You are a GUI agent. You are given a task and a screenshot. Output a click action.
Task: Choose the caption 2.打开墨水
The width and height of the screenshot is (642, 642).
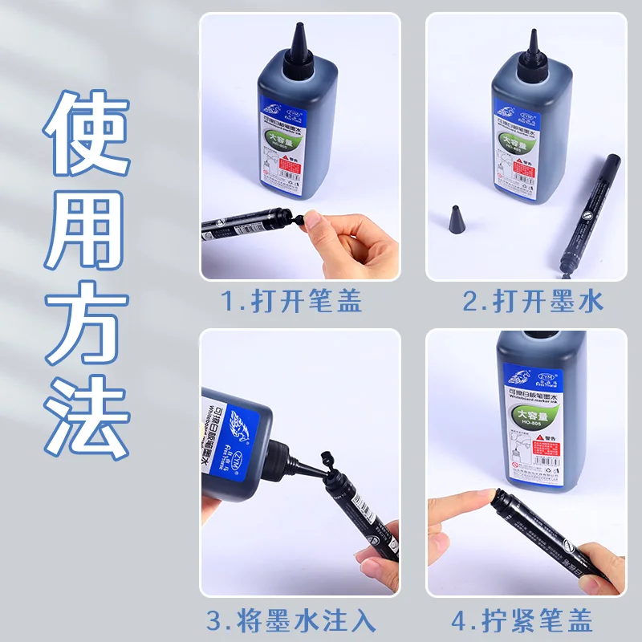pos(533,301)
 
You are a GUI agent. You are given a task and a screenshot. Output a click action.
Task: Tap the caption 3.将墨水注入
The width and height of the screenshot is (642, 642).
pos(291,620)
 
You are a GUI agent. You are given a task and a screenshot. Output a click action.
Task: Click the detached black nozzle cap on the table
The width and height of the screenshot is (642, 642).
pos(455,218)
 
